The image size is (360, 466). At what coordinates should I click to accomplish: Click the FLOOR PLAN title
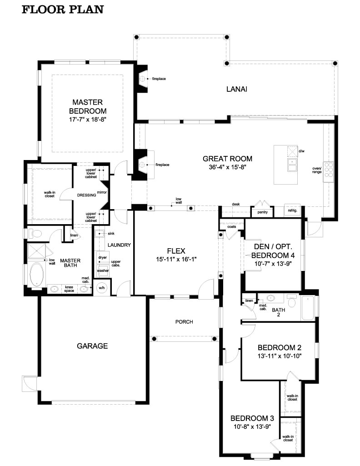pyautogui.click(x=63, y=9)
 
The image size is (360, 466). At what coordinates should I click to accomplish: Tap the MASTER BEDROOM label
pyautogui.click(x=88, y=106)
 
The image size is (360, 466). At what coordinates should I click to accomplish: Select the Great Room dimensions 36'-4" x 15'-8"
pyautogui.click(x=227, y=167)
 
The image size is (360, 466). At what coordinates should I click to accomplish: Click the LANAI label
pyautogui.click(x=236, y=89)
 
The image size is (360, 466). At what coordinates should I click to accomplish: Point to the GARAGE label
pyautogui.click(x=92, y=346)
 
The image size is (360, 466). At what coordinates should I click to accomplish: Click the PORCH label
pyautogui.click(x=184, y=322)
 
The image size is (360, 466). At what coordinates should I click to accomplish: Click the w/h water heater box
pyautogui.click(x=100, y=287)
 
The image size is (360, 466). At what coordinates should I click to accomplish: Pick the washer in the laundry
pyautogui.click(x=103, y=271)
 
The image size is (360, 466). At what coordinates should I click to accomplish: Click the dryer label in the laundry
pyautogui.click(x=102, y=257)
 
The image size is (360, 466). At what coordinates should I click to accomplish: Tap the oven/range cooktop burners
pyautogui.click(x=328, y=171)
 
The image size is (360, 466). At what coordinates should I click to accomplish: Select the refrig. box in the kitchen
pyautogui.click(x=291, y=211)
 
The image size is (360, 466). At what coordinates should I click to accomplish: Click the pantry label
pyautogui.click(x=262, y=212)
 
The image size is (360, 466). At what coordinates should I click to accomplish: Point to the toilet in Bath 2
pyautogui.click(x=291, y=301)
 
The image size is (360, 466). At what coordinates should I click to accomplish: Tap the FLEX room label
pyautogui.click(x=175, y=251)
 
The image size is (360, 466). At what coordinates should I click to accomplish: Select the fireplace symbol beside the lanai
pyautogui.click(x=143, y=79)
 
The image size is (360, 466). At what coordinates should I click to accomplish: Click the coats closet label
pyautogui.click(x=232, y=226)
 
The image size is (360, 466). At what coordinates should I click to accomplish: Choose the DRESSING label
pyautogui.click(x=87, y=195)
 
